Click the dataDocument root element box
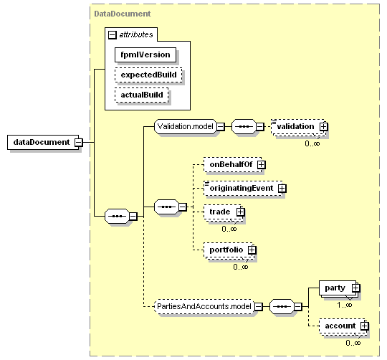43,142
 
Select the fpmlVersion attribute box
145,55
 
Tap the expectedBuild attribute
148,75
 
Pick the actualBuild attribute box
142,95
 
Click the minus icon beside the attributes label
113,35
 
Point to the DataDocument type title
123,14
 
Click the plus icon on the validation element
323,127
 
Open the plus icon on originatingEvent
282,189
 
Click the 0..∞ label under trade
229,229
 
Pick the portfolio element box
229,250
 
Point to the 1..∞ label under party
345,305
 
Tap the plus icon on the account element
365,326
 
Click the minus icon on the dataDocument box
79,142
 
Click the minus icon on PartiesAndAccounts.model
259,307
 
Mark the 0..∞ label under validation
312,143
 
